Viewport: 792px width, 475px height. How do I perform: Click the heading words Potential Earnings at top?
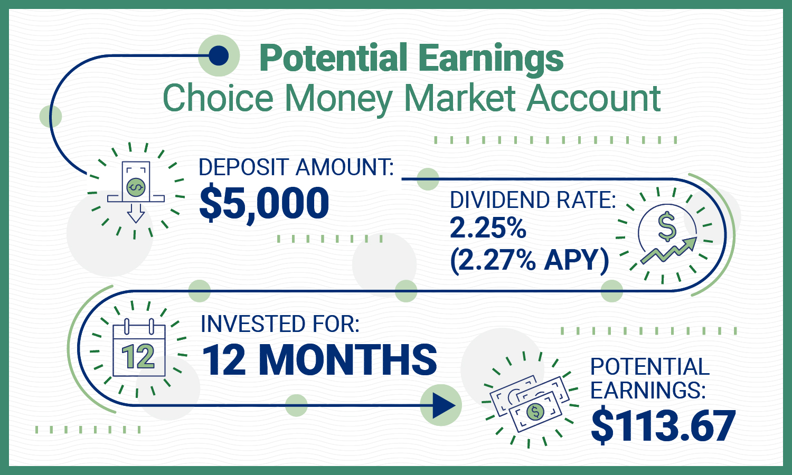(x=411, y=58)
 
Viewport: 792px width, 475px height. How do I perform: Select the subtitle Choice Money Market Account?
(x=411, y=98)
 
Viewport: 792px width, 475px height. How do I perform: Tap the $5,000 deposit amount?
(x=264, y=203)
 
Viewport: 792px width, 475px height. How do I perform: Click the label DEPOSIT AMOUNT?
(x=296, y=167)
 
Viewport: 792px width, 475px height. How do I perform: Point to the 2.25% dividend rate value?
(x=488, y=229)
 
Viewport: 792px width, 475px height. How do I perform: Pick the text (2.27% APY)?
(x=529, y=260)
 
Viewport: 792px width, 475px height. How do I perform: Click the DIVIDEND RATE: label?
(x=533, y=201)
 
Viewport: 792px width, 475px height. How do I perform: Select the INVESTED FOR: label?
(x=280, y=324)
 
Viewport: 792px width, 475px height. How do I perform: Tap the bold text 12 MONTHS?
(x=319, y=360)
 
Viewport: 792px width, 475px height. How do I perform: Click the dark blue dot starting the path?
(x=219, y=55)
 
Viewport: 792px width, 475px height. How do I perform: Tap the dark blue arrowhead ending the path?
(x=442, y=406)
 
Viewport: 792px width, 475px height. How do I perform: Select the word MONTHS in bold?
(x=348, y=360)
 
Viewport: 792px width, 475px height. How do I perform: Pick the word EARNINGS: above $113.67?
(x=648, y=391)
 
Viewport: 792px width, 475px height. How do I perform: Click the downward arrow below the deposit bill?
(x=136, y=213)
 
